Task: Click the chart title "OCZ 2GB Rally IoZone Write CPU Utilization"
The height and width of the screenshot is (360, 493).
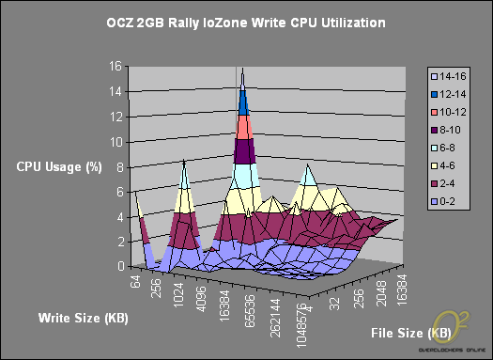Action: (x=247, y=21)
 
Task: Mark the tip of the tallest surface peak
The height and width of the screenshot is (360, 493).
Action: (x=243, y=69)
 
